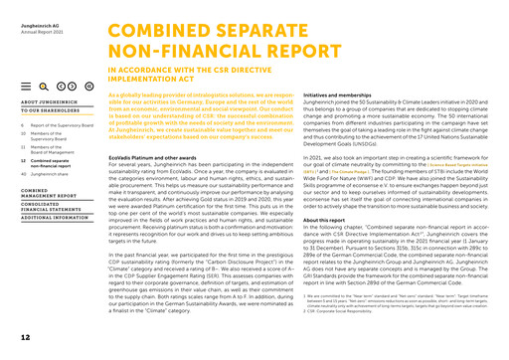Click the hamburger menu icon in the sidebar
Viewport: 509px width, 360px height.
[x=25, y=89]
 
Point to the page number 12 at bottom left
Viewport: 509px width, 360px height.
[x=25, y=339]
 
